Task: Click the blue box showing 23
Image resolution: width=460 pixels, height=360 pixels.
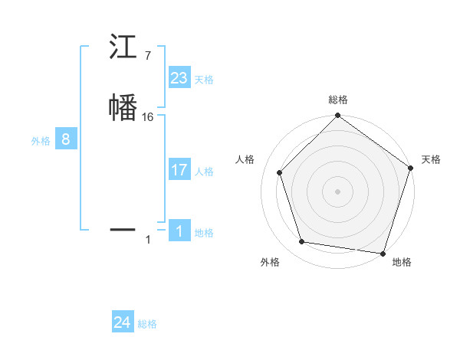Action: tap(179, 78)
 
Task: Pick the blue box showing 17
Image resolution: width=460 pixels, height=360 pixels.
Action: tap(179, 170)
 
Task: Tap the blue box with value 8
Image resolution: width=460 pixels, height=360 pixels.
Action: tap(66, 139)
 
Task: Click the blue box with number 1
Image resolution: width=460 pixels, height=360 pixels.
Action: tap(179, 231)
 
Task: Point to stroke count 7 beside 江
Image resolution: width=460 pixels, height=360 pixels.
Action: tap(147, 56)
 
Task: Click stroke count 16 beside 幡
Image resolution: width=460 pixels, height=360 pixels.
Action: tap(148, 117)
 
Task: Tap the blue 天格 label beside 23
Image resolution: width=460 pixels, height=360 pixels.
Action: tap(204, 80)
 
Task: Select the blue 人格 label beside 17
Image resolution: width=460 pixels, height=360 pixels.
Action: tap(204, 172)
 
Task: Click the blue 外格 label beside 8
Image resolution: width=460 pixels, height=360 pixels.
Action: tap(40, 141)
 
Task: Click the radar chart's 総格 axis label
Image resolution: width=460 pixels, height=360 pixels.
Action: tap(337, 100)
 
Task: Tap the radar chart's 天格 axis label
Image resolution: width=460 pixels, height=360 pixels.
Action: tap(431, 159)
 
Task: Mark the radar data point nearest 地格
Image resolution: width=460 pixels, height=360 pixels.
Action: tap(383, 253)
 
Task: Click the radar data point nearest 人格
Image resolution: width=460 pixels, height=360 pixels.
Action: tap(280, 172)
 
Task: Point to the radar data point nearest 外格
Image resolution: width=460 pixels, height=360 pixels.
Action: tap(302, 242)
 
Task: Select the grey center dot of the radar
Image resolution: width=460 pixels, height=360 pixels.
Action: tap(337, 191)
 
